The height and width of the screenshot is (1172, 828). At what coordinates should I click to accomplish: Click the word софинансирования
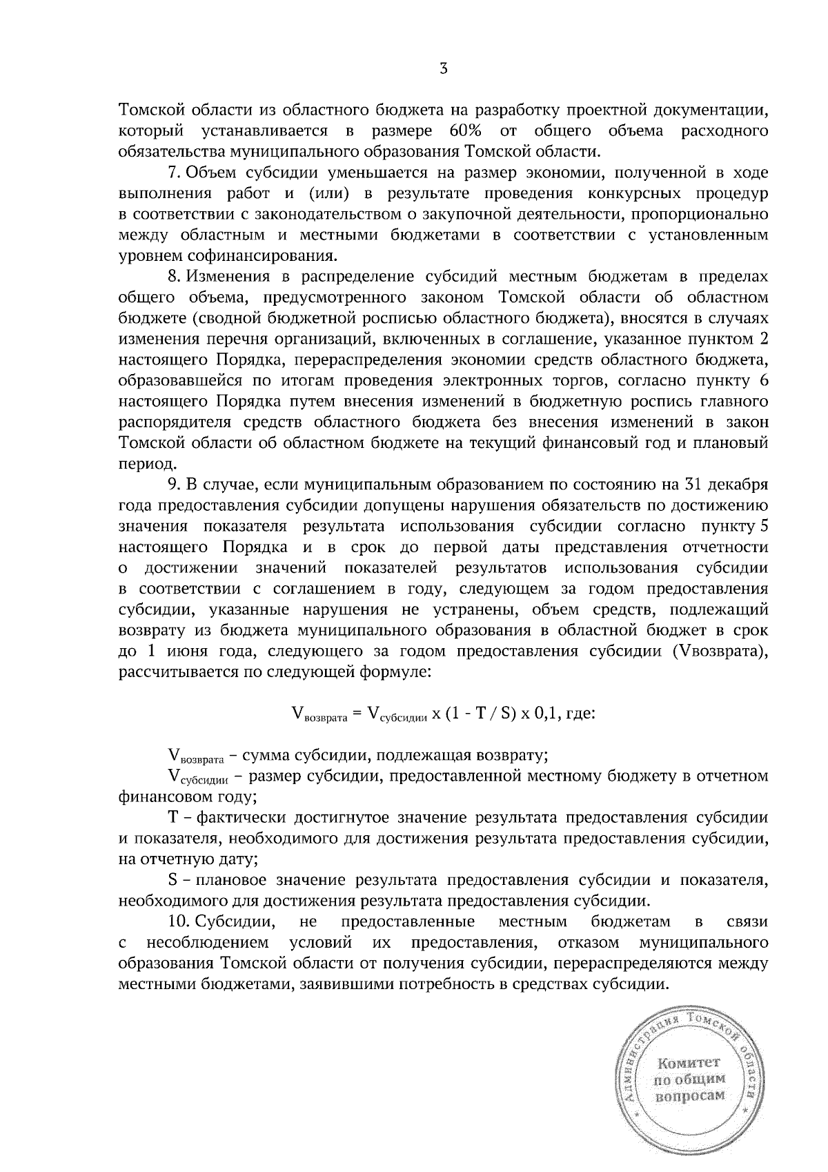pyautogui.click(x=238, y=256)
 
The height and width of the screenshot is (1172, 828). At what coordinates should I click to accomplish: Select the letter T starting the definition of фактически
pyautogui.click(x=174, y=818)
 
